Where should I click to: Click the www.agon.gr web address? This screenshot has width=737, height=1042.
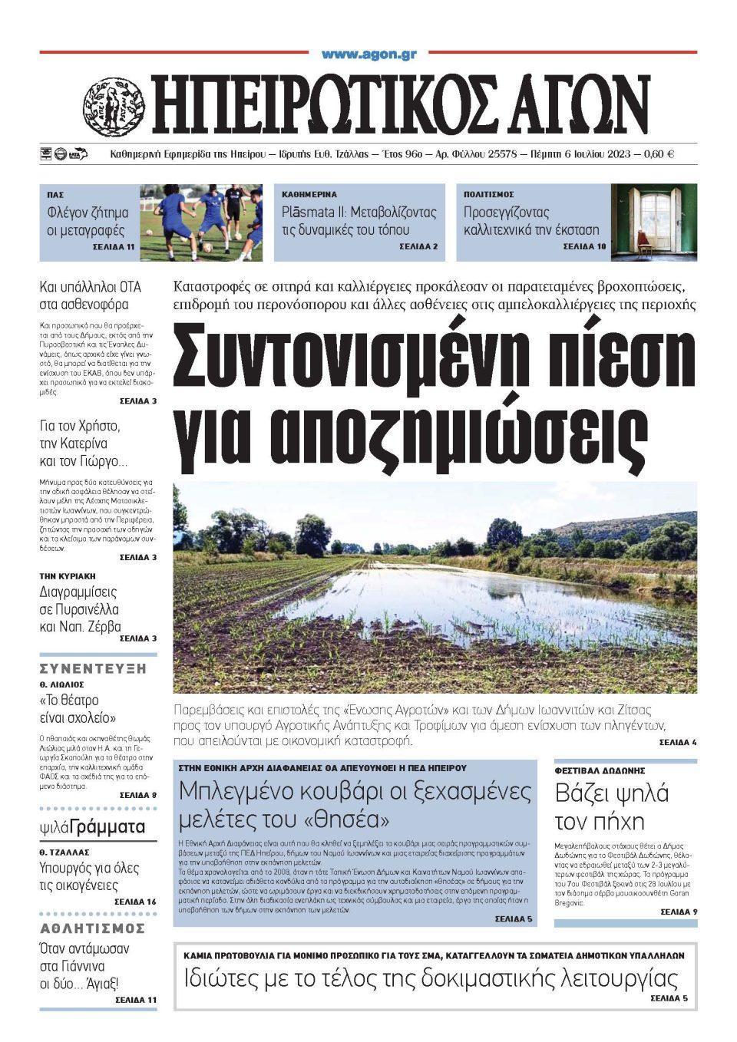point(368,54)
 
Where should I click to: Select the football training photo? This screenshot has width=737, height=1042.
point(201,223)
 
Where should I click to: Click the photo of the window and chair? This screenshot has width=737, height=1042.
point(653,223)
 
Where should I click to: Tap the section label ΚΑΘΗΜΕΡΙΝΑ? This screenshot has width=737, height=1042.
point(309,195)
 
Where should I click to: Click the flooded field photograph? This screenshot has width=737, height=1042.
point(435,588)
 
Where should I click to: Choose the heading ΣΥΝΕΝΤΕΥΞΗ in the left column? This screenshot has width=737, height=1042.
point(92,668)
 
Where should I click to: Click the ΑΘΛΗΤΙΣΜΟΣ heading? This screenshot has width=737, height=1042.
point(92,928)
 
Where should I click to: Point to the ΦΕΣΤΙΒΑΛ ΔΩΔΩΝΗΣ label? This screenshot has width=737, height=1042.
point(600,770)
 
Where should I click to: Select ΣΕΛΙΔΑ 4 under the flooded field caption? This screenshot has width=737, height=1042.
point(677,743)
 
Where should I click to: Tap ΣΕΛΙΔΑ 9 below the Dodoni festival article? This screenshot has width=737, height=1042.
point(678,912)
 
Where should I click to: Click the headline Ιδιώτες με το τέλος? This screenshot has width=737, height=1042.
point(431,979)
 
